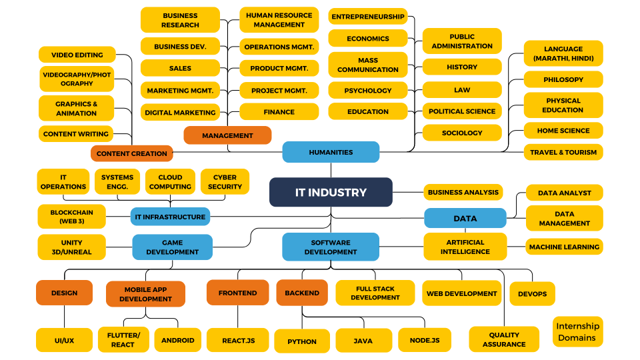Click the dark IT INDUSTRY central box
tap(331, 192)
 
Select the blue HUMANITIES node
tap(331, 152)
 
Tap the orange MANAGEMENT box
tap(227, 135)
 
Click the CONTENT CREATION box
tap(131, 153)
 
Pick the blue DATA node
tap(465, 218)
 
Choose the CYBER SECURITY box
tap(225, 181)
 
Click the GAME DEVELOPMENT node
tap(172, 247)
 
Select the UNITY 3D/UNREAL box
tap(71, 247)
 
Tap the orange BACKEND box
tap(302, 293)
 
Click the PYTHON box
tap(302, 341)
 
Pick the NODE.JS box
tap(424, 340)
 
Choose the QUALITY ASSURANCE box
tap(504, 339)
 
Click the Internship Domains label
tap(577, 331)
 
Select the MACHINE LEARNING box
tap(564, 247)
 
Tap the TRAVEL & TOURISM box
tap(563, 152)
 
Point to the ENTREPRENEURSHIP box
tap(368, 16)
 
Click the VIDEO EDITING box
tap(77, 55)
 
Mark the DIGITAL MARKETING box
tap(180, 112)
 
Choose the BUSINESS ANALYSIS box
tap(463, 192)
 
